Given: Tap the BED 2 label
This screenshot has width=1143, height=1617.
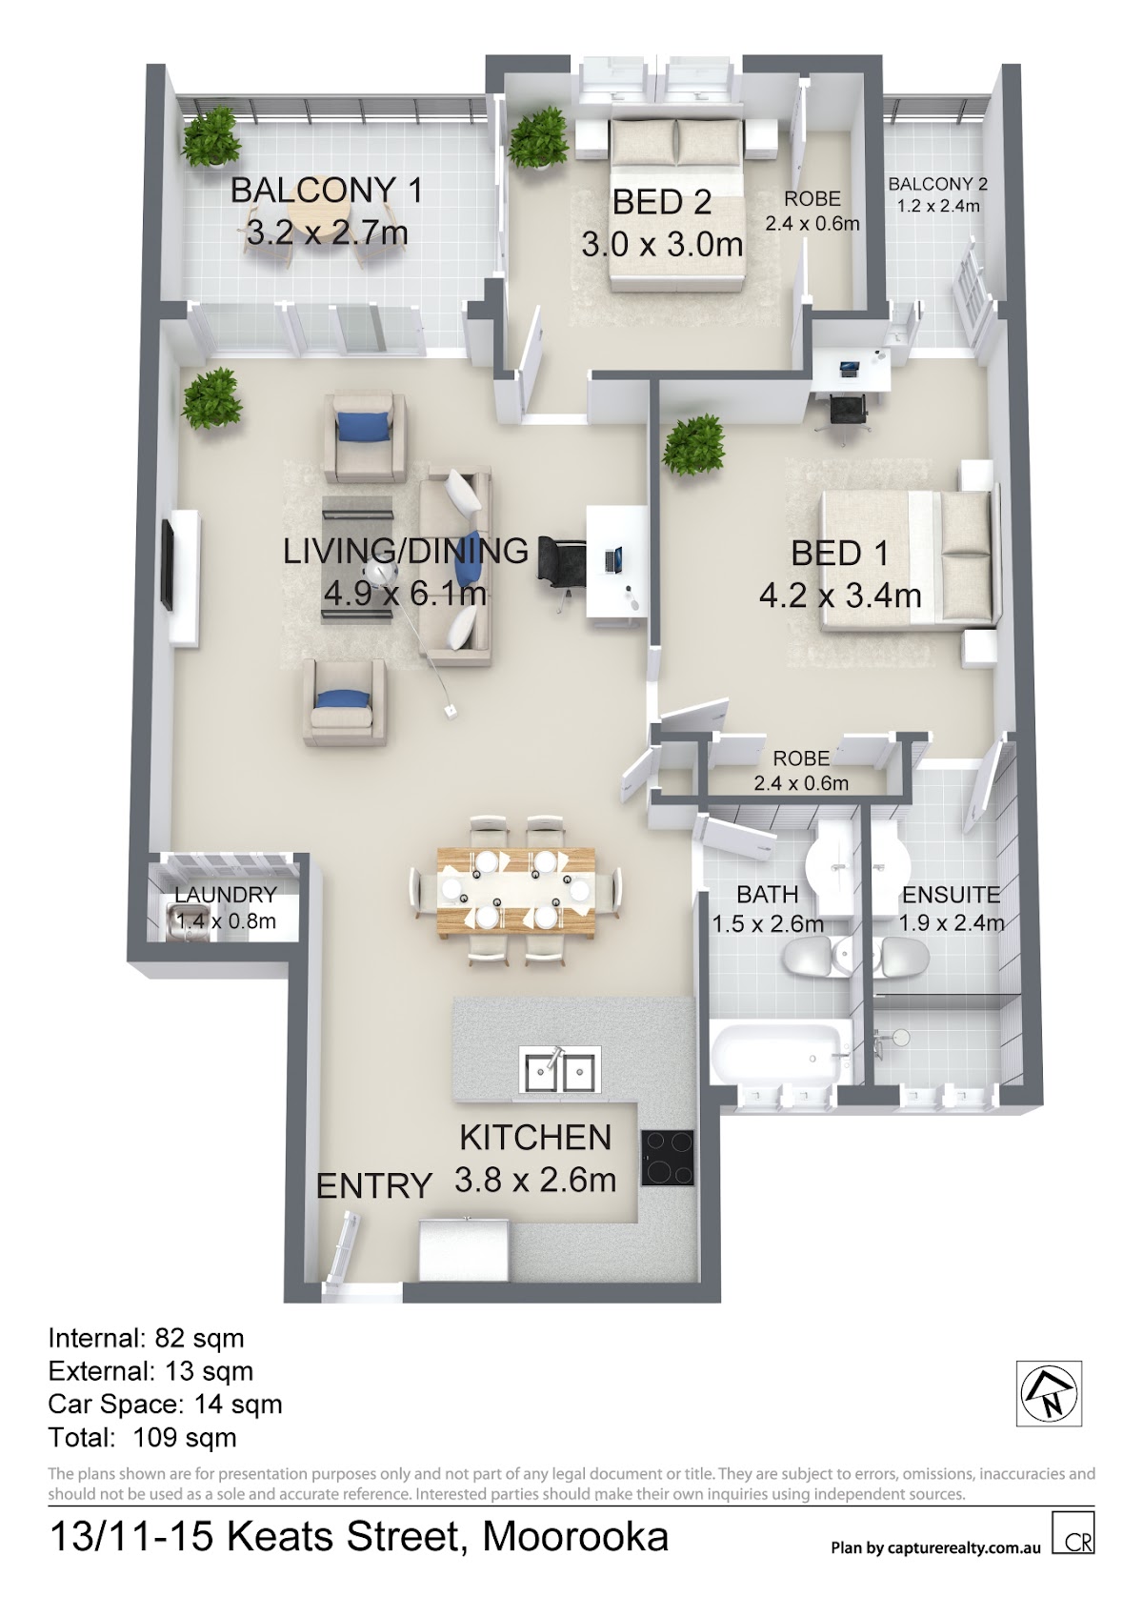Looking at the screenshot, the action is click(x=662, y=202).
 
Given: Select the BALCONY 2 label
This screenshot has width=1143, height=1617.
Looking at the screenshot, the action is click(x=937, y=184).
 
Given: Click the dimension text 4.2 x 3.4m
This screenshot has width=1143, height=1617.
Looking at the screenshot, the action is click(x=840, y=596).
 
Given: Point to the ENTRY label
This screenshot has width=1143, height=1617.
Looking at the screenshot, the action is click(x=373, y=1186).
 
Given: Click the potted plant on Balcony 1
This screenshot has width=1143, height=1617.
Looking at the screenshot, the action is click(x=210, y=137).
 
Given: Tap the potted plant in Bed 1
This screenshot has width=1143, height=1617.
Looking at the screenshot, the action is click(x=692, y=445).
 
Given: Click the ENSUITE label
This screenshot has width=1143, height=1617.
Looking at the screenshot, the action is click(x=951, y=895).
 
